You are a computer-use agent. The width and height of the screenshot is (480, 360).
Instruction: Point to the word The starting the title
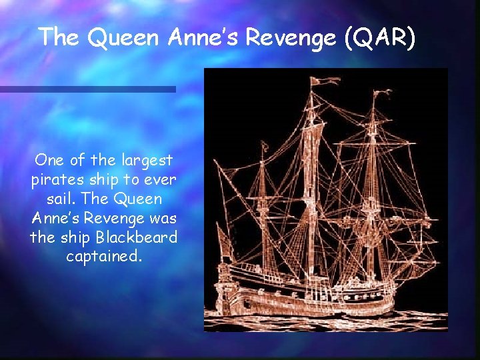(59, 38)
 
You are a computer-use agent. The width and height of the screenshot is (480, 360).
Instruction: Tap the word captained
(104, 257)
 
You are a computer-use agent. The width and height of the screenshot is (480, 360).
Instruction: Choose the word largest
(147, 161)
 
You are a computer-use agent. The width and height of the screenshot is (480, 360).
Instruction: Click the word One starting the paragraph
(50, 161)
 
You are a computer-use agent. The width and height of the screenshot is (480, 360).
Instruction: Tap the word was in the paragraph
(164, 218)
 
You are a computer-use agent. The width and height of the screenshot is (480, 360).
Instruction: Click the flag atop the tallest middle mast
(325, 81)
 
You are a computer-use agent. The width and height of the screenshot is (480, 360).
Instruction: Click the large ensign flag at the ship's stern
(225, 247)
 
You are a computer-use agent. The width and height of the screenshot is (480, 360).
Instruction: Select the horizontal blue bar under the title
(87, 89)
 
